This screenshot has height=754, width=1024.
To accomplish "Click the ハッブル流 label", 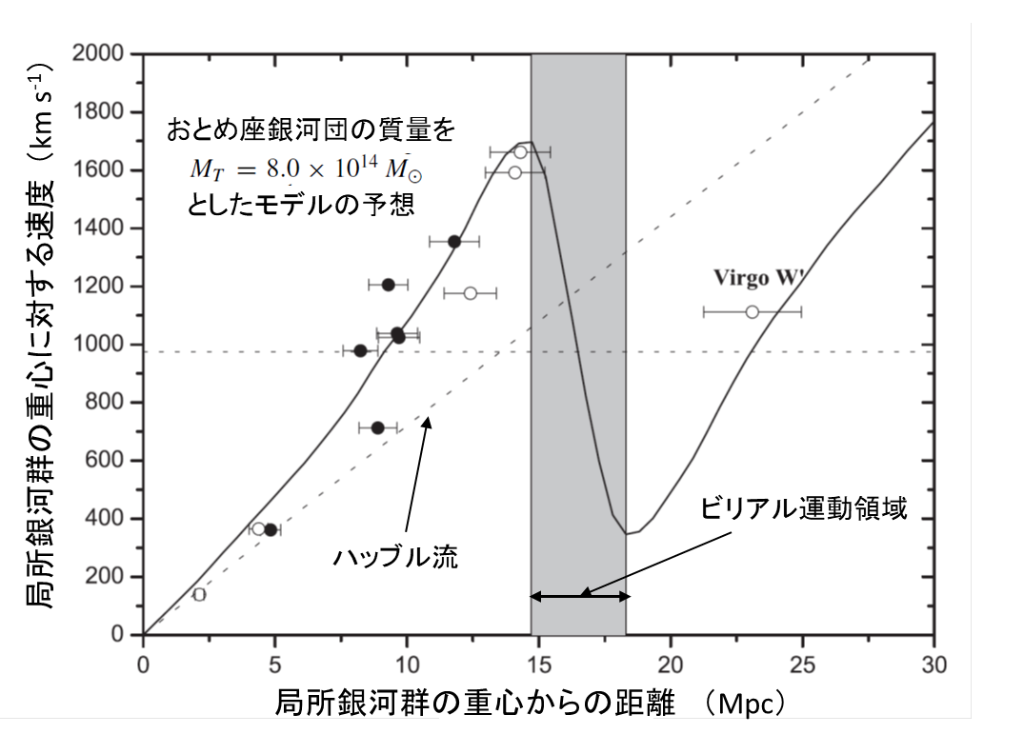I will tap(396, 558).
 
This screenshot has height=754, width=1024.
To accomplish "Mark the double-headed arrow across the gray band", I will tap(580, 597).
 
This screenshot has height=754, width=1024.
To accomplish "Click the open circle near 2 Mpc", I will tap(199, 595).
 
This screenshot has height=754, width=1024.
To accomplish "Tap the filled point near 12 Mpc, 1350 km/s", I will tap(454, 241).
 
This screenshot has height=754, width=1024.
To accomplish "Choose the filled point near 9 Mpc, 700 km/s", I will tap(377, 427).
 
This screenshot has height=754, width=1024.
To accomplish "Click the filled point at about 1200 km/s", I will tap(388, 285).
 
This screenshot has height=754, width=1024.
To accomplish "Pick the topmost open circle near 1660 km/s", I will tap(520, 151).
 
